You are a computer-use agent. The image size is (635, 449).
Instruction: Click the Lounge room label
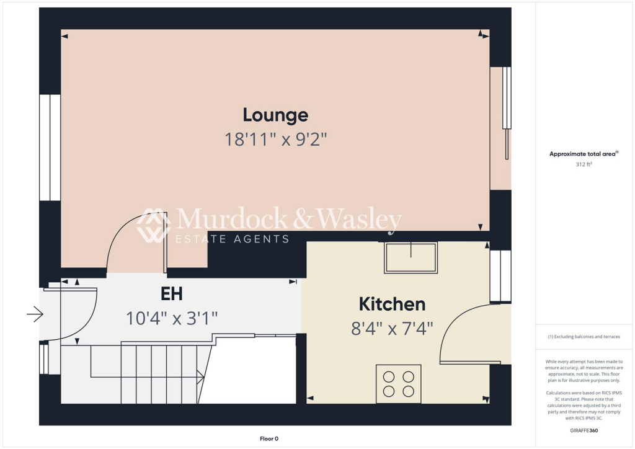point(275,115)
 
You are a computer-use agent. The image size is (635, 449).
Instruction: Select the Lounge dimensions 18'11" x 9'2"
point(275,139)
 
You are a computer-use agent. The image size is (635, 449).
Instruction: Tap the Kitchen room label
point(392,304)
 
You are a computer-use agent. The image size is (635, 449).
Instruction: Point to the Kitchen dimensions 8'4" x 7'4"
point(392,327)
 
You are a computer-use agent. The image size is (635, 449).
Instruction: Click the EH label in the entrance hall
point(171,293)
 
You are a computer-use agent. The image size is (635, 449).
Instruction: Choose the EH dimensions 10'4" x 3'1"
point(171,318)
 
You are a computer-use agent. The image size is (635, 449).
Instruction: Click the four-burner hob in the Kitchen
point(399,383)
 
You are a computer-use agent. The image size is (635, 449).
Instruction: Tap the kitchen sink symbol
point(411,257)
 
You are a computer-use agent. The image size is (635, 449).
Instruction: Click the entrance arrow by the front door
point(35,316)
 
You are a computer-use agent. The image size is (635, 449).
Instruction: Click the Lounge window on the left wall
point(50,148)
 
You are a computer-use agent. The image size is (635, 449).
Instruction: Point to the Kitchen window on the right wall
point(500,276)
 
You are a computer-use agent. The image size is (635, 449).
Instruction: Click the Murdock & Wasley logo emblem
point(154,226)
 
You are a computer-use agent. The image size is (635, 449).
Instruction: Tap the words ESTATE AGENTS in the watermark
point(233,239)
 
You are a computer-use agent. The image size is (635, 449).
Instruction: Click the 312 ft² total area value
point(584,165)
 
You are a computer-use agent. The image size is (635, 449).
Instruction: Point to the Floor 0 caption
point(269,438)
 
